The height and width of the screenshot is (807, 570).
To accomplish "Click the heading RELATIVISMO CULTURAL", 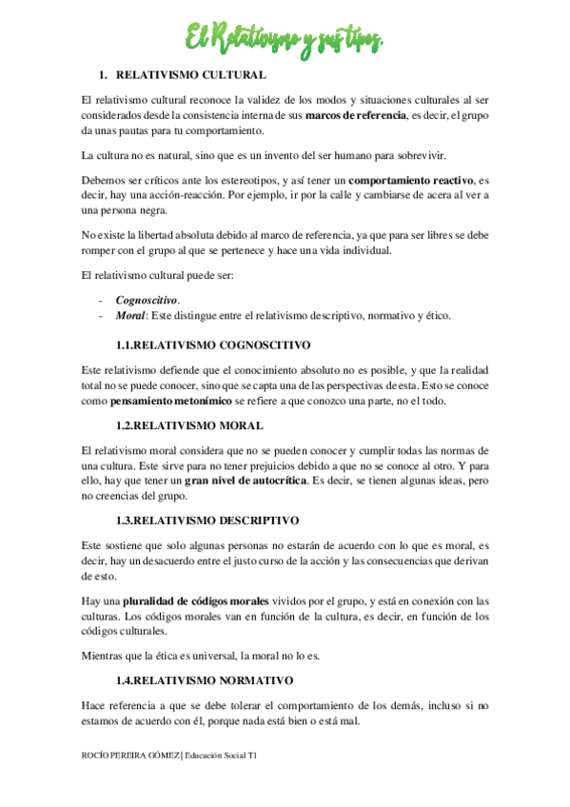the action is point(190,74).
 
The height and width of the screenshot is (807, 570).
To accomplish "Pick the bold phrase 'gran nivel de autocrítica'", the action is point(246,482).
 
